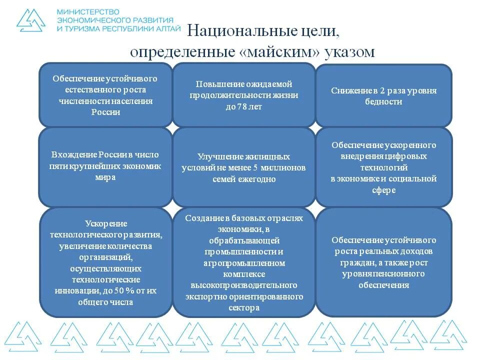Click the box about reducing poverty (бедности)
383,95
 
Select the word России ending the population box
105,112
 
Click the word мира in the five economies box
105,177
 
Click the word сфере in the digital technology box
383,190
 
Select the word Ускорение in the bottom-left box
106,223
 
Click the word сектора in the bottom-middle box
244,308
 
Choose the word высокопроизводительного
244,285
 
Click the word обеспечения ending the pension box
383,285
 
